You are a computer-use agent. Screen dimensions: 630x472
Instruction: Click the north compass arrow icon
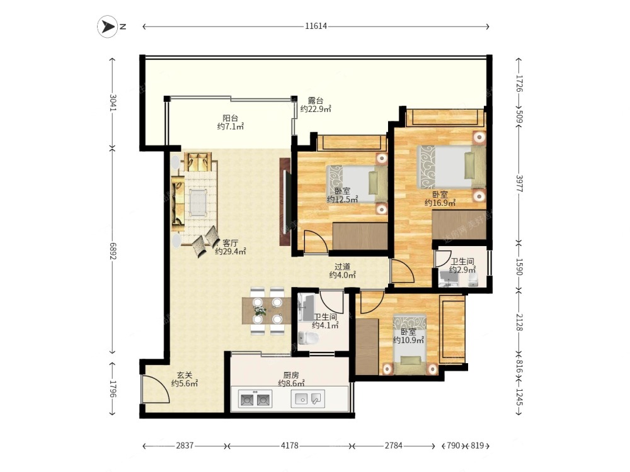(107, 26)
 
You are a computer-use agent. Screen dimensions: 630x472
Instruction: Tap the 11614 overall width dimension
(316, 26)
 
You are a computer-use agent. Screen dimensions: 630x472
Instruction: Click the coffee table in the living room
(198, 202)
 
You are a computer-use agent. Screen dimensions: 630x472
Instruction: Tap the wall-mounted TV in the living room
(285, 201)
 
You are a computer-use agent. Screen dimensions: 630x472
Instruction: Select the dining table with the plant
(266, 310)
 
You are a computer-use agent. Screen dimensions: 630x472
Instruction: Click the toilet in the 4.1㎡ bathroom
(309, 338)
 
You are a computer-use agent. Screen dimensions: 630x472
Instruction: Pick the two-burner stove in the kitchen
(255, 400)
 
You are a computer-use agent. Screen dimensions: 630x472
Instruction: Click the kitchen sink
(307, 399)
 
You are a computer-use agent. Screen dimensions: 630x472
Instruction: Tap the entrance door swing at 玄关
(156, 389)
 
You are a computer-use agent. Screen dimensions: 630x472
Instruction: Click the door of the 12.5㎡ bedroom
(316, 242)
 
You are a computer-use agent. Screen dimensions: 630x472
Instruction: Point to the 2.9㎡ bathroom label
(462, 266)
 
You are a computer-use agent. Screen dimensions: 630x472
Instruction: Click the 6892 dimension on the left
(113, 251)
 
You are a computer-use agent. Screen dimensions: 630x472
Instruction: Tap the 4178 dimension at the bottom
(290, 446)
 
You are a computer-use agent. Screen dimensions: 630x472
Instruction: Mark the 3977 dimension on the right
(519, 184)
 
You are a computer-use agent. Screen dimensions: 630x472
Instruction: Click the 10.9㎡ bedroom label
(409, 336)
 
